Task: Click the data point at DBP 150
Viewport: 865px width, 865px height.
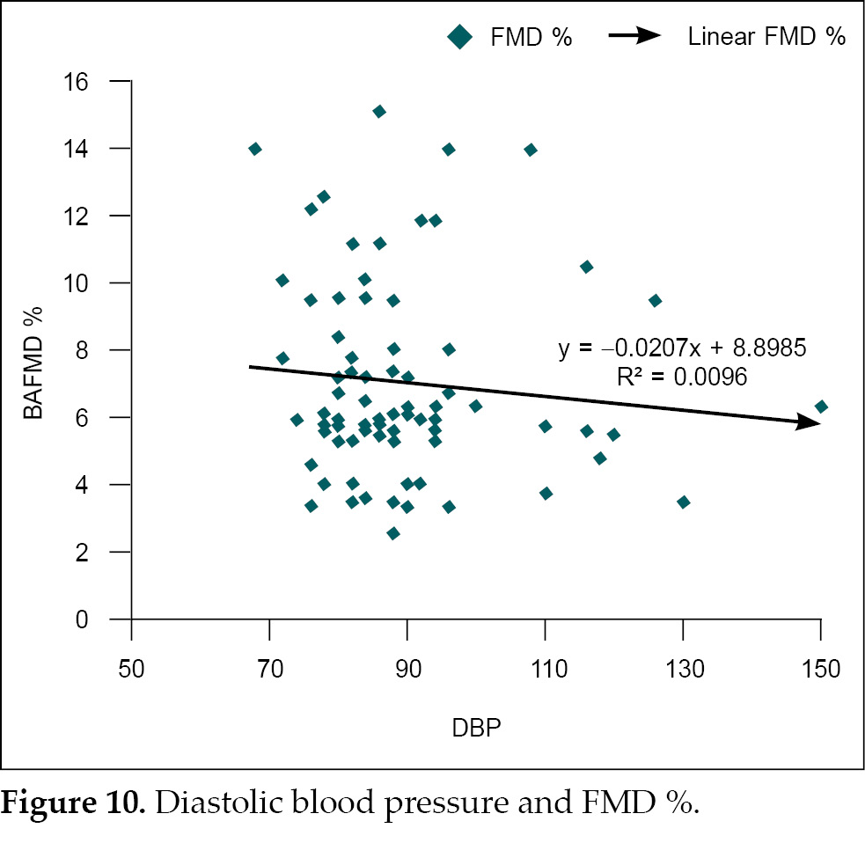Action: coord(821,407)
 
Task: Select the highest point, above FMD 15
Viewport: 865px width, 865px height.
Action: coord(379,111)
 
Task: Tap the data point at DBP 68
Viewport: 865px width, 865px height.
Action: coord(255,149)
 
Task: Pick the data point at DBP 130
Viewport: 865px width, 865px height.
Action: coord(683,502)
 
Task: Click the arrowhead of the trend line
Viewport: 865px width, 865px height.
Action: coord(810,423)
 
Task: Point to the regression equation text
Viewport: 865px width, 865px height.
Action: coord(682,349)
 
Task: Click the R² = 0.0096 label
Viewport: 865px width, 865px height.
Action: coord(682,378)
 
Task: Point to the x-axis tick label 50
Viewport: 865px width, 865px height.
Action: coord(131,669)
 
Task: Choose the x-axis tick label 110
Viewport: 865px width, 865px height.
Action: coord(545,669)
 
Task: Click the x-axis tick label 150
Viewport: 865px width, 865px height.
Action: coord(820,669)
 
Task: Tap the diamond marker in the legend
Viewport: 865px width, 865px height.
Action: coord(459,37)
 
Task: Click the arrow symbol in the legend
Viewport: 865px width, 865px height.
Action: coord(634,36)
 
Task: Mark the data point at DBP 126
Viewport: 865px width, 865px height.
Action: coord(655,300)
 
